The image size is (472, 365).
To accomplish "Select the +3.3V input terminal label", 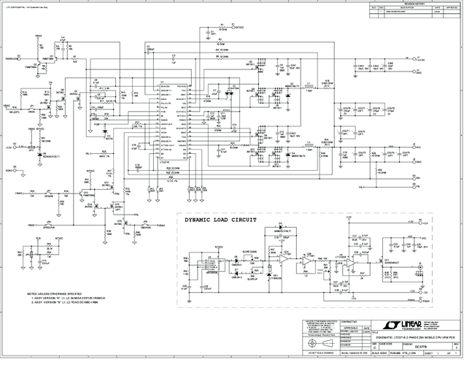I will pyautogui.click(x=8, y=147).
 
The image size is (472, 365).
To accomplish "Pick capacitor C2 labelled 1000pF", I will pyautogui.click(x=152, y=47).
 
